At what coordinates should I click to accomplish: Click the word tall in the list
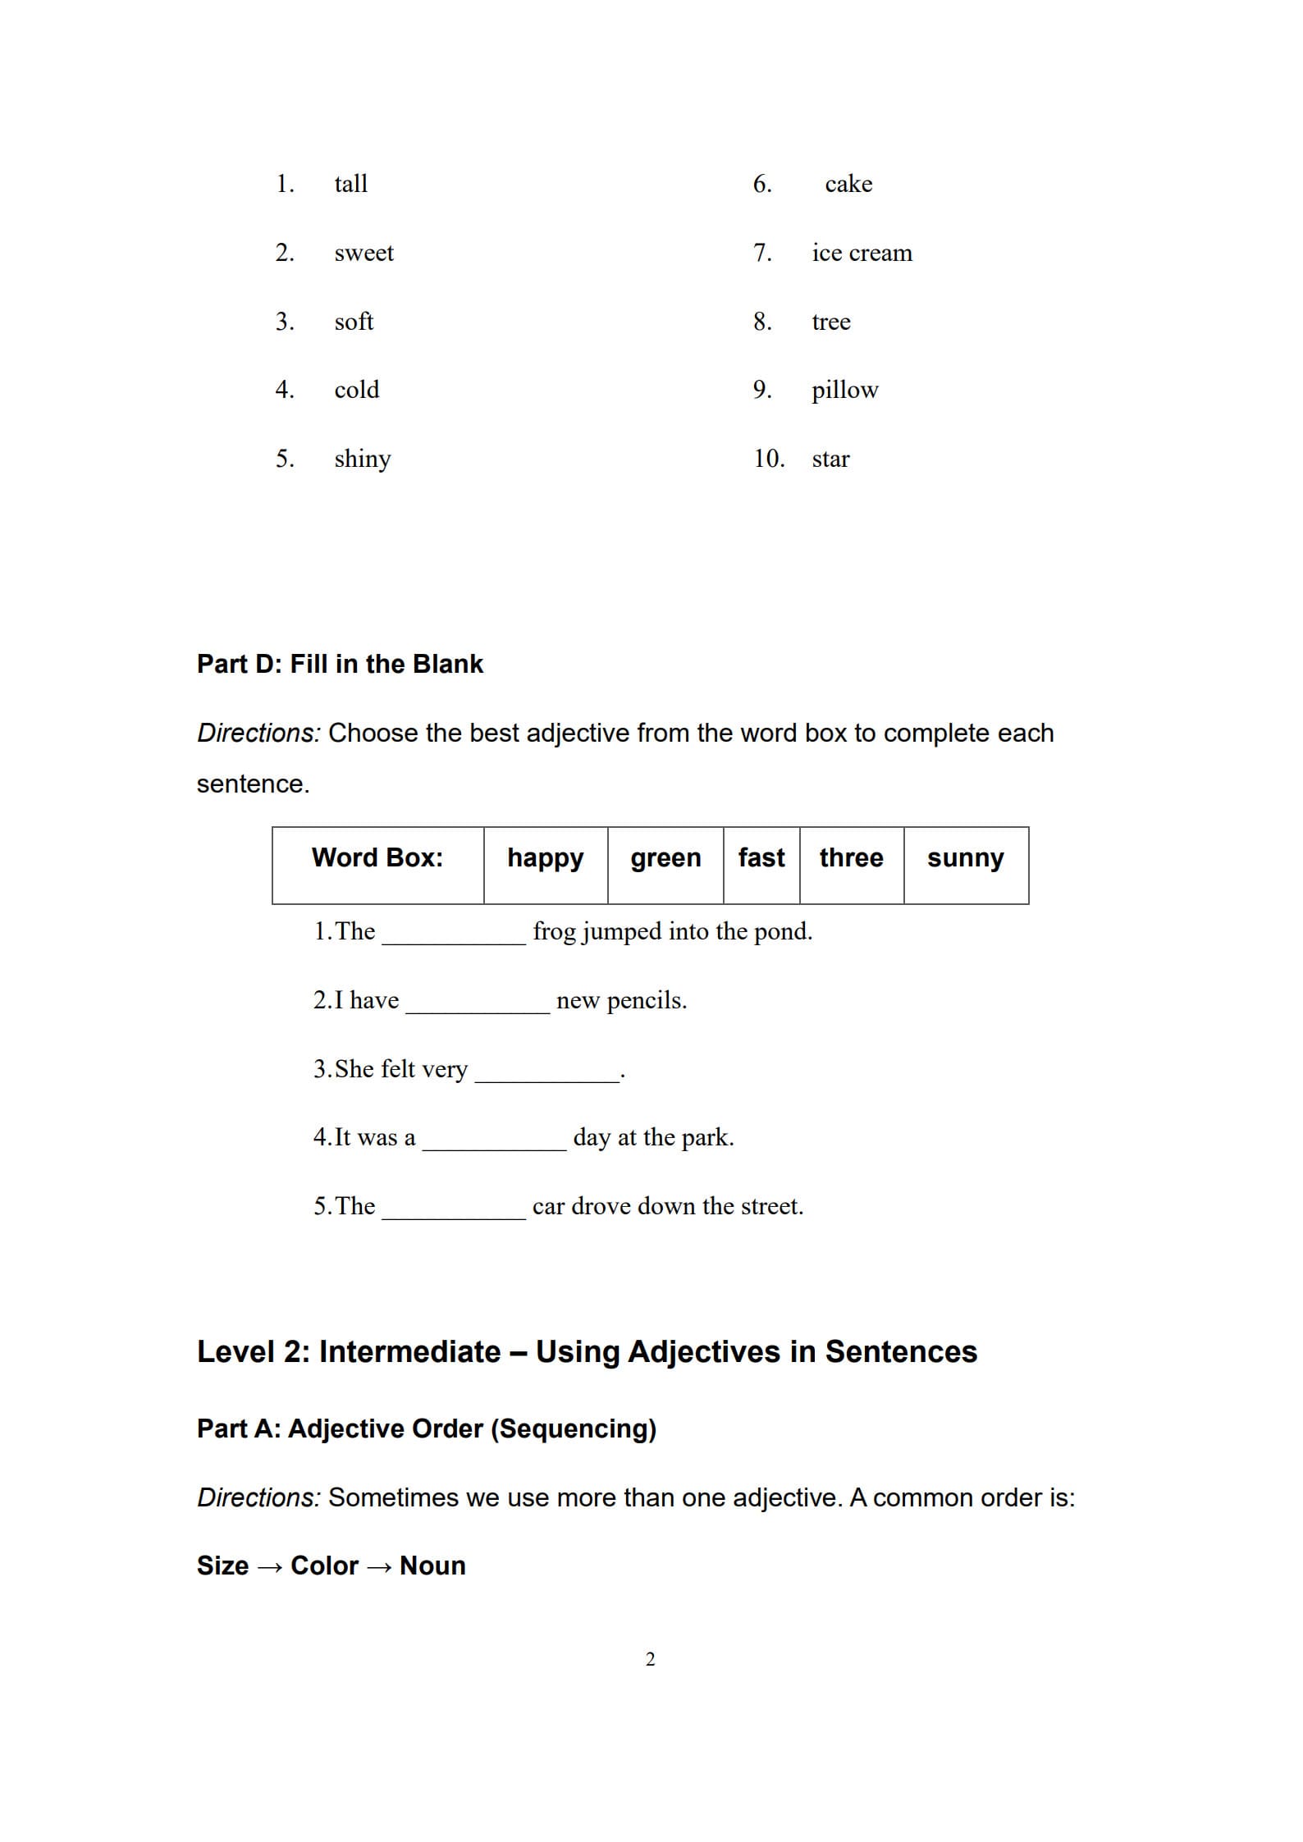tap(350, 184)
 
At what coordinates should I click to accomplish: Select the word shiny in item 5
tap(362, 459)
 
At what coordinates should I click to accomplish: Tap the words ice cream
tap(862, 253)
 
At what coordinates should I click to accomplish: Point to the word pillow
tap(844, 390)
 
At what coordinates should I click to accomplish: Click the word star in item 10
tap(830, 459)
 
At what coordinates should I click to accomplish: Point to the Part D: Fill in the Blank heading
tap(340, 664)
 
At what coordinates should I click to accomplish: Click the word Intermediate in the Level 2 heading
tap(409, 1352)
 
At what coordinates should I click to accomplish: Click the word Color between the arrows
tap(324, 1565)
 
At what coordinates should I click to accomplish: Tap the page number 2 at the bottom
tap(650, 1659)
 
